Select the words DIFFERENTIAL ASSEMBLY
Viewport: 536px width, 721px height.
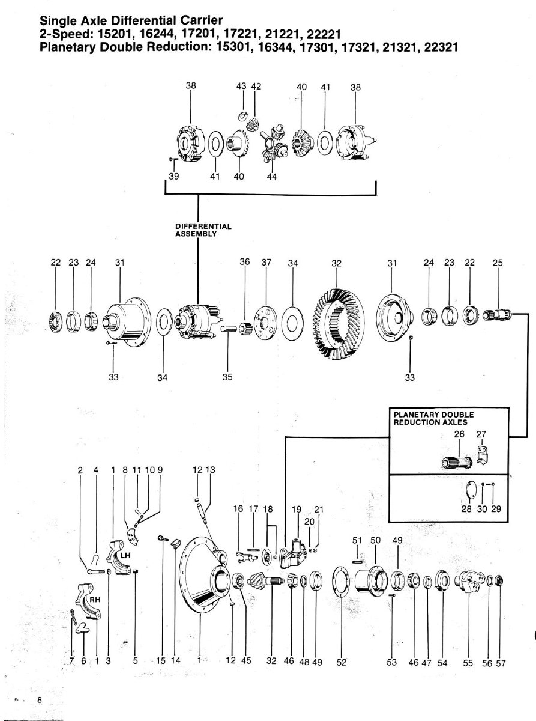tap(203, 230)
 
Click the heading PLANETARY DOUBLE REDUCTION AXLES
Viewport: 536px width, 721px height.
tap(433, 418)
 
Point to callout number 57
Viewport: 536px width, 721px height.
tap(501, 663)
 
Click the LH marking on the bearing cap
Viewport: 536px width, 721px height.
tap(126, 556)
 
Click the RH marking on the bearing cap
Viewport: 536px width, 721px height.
tap(94, 600)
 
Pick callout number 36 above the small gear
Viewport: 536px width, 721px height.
tap(244, 262)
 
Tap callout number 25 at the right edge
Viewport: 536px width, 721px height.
tap(497, 262)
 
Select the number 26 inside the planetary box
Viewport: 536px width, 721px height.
tap(459, 435)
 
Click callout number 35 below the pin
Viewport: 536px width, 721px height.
tap(228, 377)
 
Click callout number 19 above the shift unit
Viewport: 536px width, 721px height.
tap(296, 509)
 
